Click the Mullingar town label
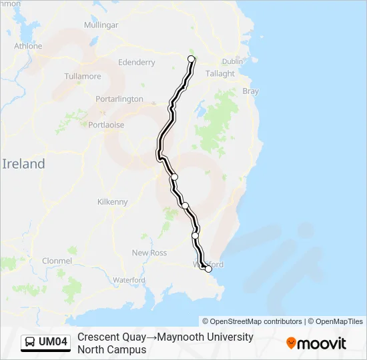tap(101, 25)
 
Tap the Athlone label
tap(28, 46)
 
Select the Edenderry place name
tap(136, 63)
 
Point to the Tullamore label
tap(82, 77)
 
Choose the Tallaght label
tap(220, 74)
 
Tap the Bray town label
tap(250, 91)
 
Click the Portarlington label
tap(119, 99)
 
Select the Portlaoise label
tap(106, 125)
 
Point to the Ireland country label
tap(23, 164)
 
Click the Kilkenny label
tap(112, 202)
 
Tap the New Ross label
tap(149, 253)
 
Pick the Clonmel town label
tap(57, 261)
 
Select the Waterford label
tap(129, 281)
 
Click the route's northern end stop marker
tap(192, 59)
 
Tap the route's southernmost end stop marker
tap(208, 269)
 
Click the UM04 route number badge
tap(53, 342)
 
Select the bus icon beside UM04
tap(31, 342)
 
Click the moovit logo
tap(316, 343)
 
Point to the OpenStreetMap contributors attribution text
tap(252, 321)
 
